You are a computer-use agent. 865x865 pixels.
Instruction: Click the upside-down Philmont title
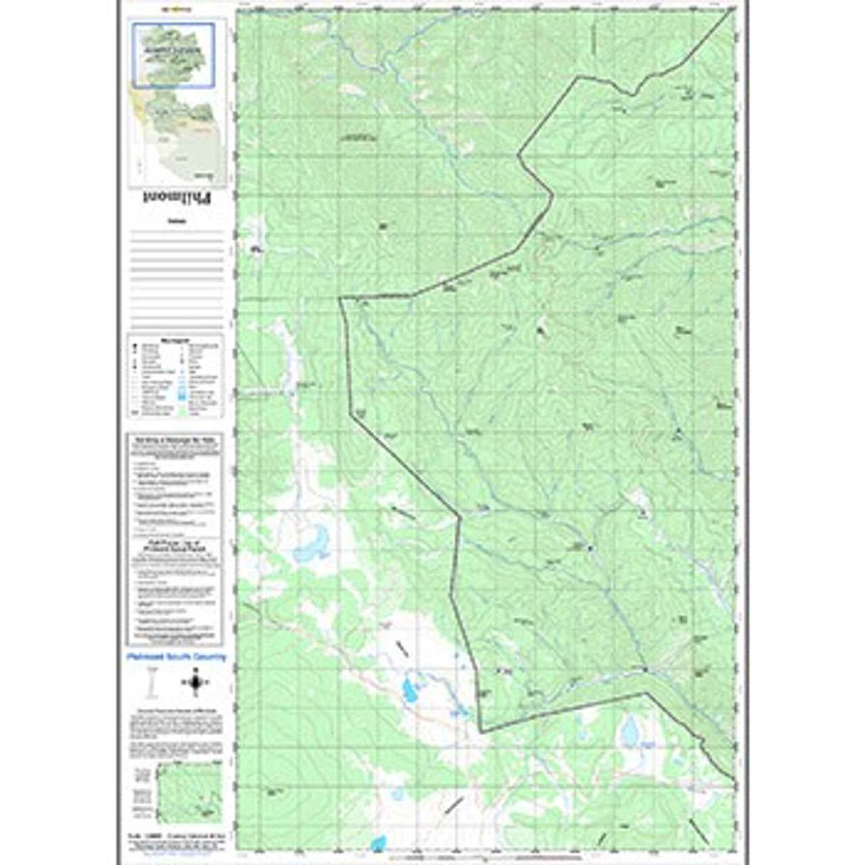click(177, 198)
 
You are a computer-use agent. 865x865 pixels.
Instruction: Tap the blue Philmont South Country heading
click(177, 657)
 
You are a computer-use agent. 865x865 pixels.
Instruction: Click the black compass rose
click(195, 682)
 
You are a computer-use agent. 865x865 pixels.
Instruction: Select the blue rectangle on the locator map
click(174, 55)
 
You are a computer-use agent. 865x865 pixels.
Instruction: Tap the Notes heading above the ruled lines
click(177, 221)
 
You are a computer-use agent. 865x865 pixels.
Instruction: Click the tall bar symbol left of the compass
click(151, 683)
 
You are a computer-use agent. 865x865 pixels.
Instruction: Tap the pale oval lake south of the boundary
click(630, 731)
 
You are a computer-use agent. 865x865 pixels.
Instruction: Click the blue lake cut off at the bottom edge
click(378, 843)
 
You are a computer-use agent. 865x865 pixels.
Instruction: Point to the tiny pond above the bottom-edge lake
click(397, 794)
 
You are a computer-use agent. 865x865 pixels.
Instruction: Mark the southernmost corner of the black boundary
click(481, 731)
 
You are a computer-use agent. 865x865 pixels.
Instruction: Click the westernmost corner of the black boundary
click(340, 298)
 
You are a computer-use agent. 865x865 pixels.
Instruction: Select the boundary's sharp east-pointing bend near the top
click(552, 196)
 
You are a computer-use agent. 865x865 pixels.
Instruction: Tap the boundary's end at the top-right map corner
click(733, 11)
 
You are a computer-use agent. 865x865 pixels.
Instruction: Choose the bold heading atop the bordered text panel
click(175, 440)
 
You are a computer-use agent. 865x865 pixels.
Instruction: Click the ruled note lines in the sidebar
click(177, 270)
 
